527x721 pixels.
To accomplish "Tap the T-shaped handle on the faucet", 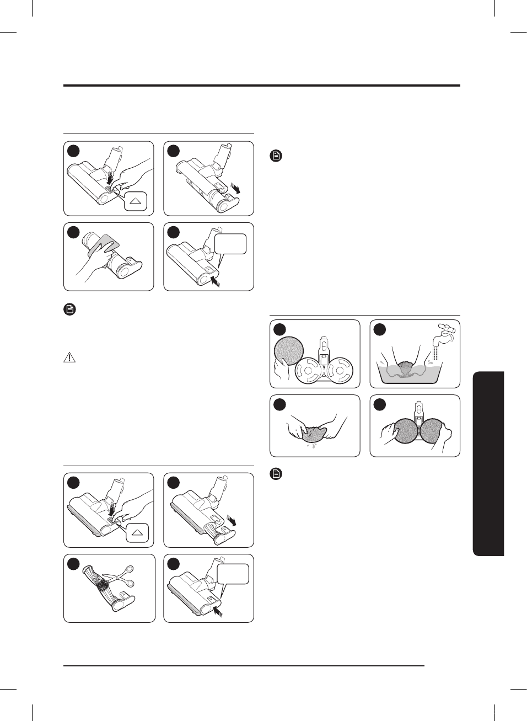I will click(443, 327).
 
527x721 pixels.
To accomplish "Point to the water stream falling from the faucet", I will click(436, 353).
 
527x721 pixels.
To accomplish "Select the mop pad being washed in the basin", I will click(406, 369).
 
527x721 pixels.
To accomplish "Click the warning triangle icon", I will click(69, 357).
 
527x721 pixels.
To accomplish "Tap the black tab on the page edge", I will click(488, 463).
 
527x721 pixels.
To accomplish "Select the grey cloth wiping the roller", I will click(105, 243).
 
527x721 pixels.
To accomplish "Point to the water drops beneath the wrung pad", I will click(312, 444).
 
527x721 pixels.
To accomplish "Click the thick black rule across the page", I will click(261, 86).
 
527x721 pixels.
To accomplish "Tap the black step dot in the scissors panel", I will click(73, 564).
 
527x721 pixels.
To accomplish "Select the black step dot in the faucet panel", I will click(379, 329).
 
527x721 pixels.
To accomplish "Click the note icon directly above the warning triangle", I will click(69, 309).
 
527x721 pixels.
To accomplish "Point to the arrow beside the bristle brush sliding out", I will click(235, 521).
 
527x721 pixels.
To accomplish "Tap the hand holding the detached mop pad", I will click(282, 368).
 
